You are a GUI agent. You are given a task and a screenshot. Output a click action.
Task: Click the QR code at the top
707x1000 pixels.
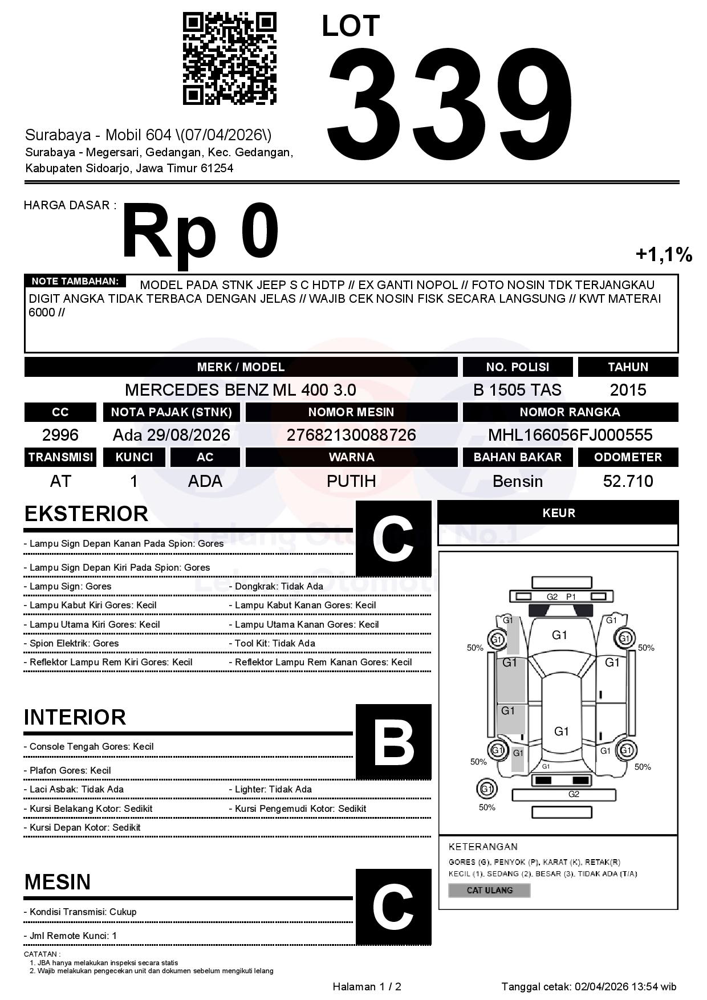[229, 59]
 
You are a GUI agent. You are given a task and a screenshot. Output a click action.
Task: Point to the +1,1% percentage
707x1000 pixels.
[664, 254]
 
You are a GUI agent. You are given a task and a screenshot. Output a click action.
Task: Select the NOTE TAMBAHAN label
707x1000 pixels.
[75, 281]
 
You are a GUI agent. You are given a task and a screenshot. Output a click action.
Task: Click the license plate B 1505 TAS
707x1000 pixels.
[517, 390]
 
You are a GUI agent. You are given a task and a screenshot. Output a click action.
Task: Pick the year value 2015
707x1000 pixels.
[628, 390]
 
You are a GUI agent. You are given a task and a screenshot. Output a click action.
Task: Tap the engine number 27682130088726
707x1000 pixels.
[351, 435]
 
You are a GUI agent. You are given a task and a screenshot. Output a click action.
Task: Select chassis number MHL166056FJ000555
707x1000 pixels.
[570, 435]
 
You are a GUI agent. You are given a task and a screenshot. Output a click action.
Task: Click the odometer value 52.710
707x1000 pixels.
[628, 481]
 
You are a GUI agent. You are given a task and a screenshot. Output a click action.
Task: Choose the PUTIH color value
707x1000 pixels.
[351, 481]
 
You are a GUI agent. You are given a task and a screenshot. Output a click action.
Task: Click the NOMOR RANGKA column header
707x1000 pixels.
[570, 412]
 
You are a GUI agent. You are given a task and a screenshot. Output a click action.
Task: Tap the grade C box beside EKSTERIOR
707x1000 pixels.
[393, 539]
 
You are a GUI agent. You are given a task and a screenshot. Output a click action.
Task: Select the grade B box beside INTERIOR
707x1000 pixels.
[393, 742]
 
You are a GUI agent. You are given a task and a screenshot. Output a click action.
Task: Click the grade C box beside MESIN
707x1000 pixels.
[393, 906]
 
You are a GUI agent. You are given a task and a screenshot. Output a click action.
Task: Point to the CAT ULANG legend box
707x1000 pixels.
[489, 890]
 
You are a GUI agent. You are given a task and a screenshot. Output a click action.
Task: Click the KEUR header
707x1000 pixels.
[558, 513]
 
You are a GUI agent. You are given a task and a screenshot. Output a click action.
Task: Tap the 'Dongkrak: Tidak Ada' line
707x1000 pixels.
[279, 586]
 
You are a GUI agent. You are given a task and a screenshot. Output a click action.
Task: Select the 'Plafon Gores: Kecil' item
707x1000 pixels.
[67, 770]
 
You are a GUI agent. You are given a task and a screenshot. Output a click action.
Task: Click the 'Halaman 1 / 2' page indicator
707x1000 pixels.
[367, 986]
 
